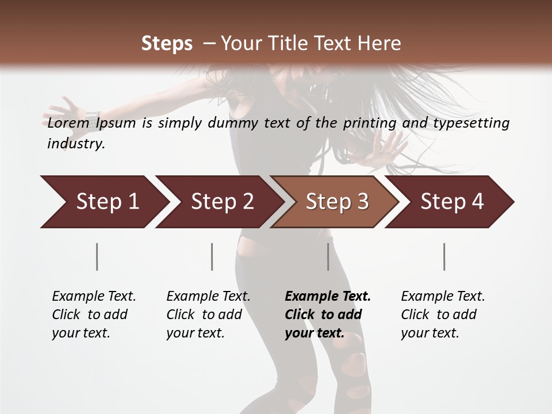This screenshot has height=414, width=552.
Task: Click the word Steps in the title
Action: [167, 44]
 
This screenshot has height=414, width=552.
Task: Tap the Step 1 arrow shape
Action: [103, 202]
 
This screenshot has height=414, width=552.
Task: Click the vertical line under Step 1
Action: [97, 256]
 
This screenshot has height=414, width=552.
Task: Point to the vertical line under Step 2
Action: [212, 256]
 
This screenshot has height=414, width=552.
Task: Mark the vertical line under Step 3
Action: [328, 256]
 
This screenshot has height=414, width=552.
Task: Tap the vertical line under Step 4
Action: [444, 256]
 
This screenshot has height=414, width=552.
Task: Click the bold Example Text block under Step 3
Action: [328, 315]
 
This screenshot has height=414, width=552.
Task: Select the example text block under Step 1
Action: [94, 315]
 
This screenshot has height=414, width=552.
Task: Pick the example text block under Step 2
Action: [208, 315]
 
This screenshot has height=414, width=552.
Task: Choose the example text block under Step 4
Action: [443, 315]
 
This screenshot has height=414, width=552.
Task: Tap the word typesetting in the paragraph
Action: [469, 123]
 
